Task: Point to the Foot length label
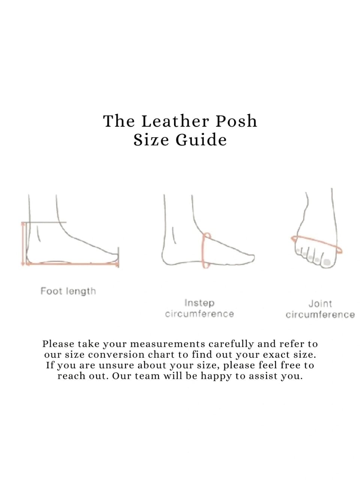(x=68, y=291)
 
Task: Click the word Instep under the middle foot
(x=199, y=303)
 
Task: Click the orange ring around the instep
(x=203, y=250)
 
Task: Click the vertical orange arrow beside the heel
(x=23, y=244)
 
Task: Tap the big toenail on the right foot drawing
(x=326, y=262)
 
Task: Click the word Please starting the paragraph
(x=58, y=344)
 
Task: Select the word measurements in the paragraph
(x=167, y=344)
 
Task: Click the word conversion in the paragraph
(x=116, y=355)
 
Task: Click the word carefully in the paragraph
(x=231, y=344)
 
